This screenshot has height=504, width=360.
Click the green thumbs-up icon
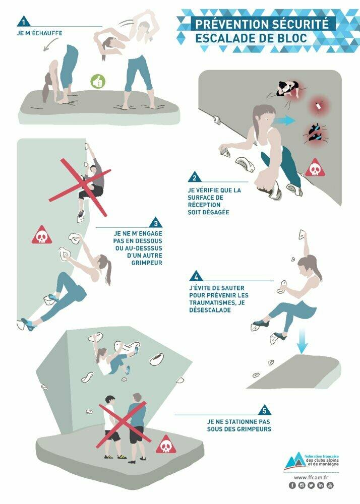(x=98, y=82)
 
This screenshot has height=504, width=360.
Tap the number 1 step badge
(x=24, y=22)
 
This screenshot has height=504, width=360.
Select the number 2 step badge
(x=194, y=177)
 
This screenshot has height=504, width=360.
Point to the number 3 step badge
(x=156, y=223)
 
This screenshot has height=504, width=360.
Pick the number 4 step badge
(x=196, y=276)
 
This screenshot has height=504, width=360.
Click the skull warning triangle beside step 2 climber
(x=315, y=168)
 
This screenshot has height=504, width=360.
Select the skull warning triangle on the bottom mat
(x=166, y=445)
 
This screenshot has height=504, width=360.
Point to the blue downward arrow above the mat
(x=302, y=341)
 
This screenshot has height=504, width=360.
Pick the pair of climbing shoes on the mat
(x=315, y=133)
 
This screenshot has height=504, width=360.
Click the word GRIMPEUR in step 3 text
(x=147, y=263)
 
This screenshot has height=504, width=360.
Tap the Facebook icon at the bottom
(x=292, y=485)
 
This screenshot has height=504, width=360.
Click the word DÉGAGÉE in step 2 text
(x=209, y=212)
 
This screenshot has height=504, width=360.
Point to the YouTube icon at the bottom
(x=330, y=485)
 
